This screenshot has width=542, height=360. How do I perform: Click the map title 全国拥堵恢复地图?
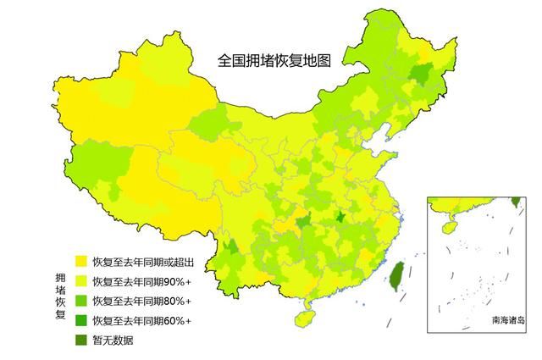pos(274,61)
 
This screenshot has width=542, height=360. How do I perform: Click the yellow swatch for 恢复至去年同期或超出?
pos(80,261)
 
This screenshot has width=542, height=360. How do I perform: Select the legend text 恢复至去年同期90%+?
pos(141,281)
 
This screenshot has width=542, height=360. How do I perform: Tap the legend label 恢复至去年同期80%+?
pos(141,301)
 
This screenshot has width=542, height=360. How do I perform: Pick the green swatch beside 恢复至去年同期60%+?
pos(80,320)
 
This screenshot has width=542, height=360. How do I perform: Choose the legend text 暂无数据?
pos(113,341)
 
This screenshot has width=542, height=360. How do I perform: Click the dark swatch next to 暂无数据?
pos(80,341)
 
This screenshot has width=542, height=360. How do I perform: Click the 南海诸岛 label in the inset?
pos(507,321)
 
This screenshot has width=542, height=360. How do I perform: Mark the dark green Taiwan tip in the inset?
pos(516,202)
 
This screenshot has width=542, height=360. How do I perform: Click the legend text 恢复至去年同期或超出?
pos(141,261)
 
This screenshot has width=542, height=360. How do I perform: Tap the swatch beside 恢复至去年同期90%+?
pos(80,281)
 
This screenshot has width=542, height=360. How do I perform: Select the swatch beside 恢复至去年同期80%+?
pos(80,301)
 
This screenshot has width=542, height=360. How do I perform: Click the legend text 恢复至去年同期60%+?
pos(141,320)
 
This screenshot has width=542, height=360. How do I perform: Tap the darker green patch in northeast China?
pos(418,75)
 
